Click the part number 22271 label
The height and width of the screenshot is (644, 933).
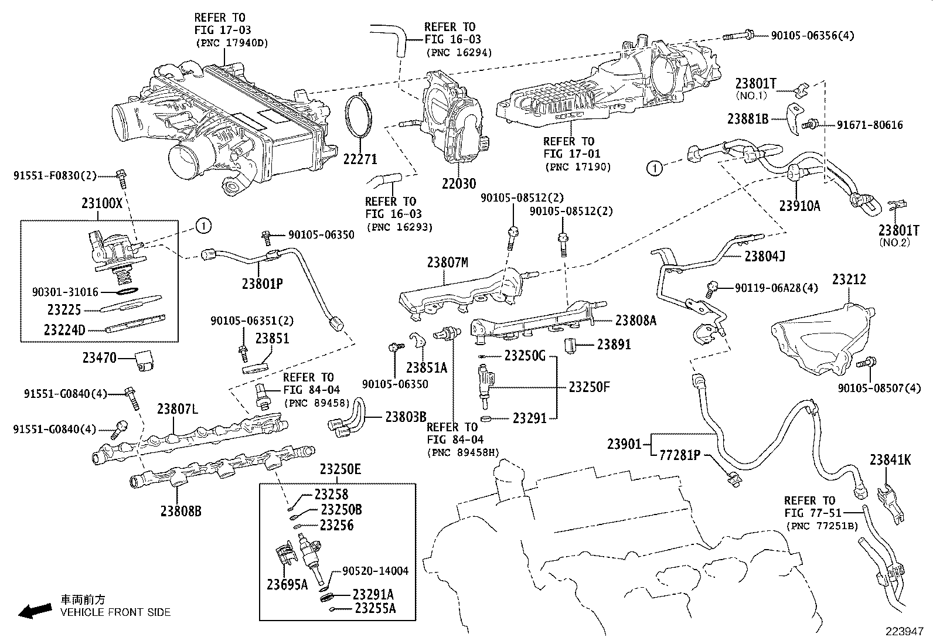click(x=360, y=159)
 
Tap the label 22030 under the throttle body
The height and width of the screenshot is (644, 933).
click(x=459, y=183)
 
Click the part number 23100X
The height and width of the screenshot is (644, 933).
click(x=103, y=204)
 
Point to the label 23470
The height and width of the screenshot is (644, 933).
click(x=99, y=357)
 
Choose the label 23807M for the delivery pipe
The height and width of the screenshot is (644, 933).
click(x=447, y=263)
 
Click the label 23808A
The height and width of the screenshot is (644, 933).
click(x=636, y=321)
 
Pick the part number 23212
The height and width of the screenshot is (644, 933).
click(x=849, y=280)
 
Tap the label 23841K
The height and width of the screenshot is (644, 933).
click(x=890, y=460)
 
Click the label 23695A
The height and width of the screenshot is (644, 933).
click(x=287, y=584)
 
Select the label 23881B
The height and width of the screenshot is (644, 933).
click(x=747, y=119)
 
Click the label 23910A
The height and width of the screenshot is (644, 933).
click(x=799, y=206)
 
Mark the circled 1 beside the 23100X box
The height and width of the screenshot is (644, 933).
click(x=203, y=225)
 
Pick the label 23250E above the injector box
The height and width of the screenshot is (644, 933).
click(x=340, y=469)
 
